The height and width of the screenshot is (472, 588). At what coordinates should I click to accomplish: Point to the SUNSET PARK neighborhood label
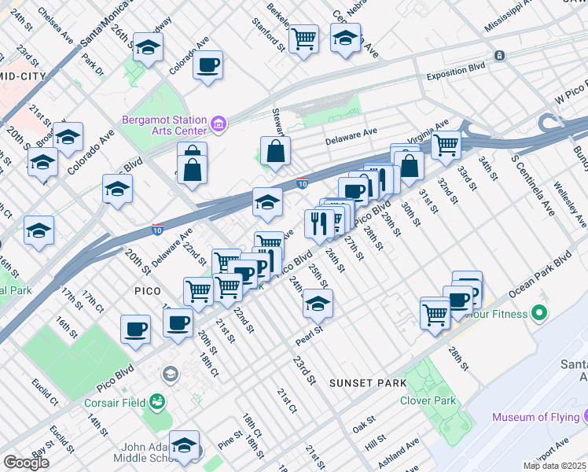click(368, 383)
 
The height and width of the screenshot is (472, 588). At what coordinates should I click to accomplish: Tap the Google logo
click(26, 463)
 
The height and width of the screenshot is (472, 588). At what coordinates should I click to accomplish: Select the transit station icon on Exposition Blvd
click(498, 55)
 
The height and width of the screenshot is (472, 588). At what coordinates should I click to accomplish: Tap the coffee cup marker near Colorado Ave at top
click(208, 66)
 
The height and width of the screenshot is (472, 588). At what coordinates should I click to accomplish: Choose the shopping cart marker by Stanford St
click(303, 38)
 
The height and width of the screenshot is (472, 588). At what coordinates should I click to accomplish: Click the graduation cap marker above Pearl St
click(318, 303)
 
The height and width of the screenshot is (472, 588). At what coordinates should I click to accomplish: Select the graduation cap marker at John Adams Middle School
click(185, 446)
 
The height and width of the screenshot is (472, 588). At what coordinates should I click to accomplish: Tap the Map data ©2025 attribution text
click(554, 466)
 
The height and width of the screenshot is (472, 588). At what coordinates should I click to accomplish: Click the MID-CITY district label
click(22, 77)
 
